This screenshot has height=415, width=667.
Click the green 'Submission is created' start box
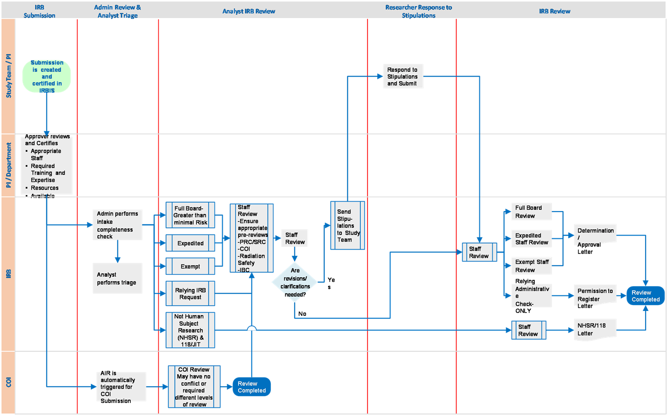point(47,76)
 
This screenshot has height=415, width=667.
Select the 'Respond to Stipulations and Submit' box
point(403,77)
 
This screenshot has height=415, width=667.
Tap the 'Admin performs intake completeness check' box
point(117,225)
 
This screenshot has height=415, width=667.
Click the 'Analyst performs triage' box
point(117,278)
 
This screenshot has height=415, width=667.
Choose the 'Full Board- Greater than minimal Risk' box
point(190,215)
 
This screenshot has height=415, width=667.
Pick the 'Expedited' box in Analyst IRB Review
point(190,243)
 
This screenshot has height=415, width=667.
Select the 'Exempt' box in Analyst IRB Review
point(190,267)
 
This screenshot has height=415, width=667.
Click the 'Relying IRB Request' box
point(190,293)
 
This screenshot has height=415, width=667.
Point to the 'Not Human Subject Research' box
point(190,330)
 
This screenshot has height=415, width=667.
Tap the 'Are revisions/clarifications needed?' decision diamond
point(295,282)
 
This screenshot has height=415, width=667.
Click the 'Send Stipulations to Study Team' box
point(348,225)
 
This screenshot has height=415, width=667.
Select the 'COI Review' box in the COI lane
point(193,387)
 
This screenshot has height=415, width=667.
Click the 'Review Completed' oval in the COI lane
point(251,387)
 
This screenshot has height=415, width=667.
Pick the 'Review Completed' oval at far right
point(645,296)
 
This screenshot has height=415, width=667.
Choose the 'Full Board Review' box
point(531,212)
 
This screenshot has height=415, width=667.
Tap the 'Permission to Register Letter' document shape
point(595,295)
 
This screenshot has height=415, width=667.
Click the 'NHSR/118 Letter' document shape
point(595,330)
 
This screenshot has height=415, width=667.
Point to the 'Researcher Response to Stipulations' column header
point(418,11)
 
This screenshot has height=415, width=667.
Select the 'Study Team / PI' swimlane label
point(9,76)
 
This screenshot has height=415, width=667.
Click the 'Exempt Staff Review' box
point(531,266)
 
